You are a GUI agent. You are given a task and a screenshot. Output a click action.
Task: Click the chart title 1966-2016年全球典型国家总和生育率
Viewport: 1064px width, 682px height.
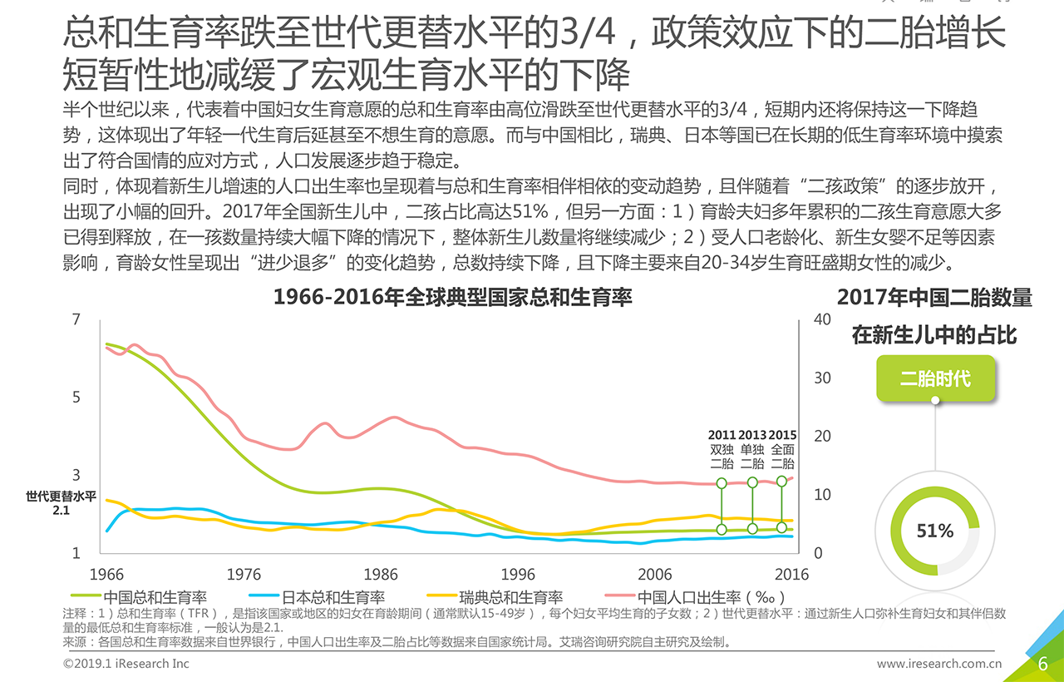coord(452,297)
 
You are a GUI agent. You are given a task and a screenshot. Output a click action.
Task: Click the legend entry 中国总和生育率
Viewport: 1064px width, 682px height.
coord(155,596)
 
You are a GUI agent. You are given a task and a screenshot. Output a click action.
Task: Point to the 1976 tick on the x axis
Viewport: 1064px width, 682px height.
coord(243,574)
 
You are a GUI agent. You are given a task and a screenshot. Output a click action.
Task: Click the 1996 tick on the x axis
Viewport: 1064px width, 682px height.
coord(517,574)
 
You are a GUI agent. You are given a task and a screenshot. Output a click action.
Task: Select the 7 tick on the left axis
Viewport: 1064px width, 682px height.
coord(76,320)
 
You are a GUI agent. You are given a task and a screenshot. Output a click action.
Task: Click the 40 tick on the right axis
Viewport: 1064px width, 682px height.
coord(822,320)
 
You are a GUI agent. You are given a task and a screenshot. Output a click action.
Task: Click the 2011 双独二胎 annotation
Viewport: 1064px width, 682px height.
coord(722,450)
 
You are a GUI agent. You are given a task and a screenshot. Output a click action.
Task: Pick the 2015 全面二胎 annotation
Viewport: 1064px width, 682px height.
coord(782,450)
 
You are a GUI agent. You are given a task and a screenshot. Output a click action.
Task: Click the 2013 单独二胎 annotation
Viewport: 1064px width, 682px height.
coord(752,450)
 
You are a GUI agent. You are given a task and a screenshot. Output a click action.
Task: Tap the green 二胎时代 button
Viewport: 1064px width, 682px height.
coord(935,378)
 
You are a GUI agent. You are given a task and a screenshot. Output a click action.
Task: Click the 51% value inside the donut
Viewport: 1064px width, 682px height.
coord(934,531)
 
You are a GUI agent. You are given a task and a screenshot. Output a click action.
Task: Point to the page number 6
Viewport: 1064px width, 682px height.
coord(1042,663)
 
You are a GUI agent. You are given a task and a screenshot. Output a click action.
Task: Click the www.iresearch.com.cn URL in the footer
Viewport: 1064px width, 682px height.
coord(939,664)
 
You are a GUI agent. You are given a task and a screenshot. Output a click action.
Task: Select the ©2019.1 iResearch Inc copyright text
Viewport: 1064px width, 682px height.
coord(126,664)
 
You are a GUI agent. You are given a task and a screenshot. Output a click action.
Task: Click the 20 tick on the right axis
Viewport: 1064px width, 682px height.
coord(822,437)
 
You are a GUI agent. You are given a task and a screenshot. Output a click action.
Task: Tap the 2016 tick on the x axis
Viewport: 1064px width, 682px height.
coord(792,574)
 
